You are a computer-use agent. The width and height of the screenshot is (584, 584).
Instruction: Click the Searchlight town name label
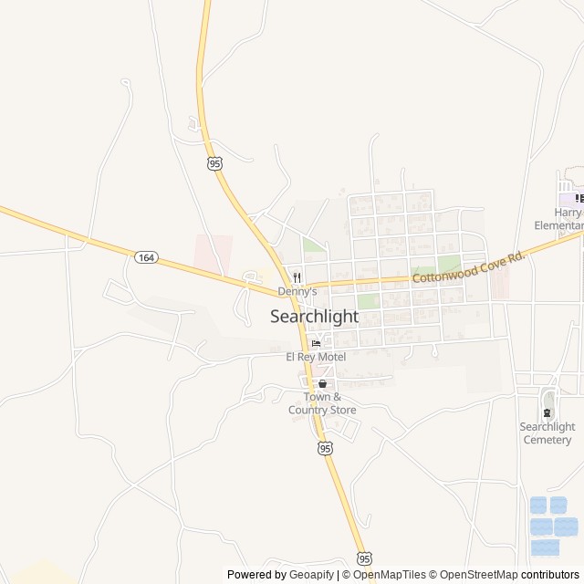coord(314,317)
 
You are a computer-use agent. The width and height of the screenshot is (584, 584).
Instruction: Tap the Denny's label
coord(297,291)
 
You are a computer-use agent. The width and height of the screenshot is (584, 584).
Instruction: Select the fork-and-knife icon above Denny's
coord(297,277)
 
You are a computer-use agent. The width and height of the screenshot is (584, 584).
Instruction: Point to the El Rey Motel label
coord(316,357)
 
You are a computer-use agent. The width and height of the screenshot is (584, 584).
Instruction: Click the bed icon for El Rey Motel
coord(316,344)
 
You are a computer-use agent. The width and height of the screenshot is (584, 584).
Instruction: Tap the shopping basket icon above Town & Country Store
coord(322,384)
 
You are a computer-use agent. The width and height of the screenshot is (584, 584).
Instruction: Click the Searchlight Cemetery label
coord(547,433)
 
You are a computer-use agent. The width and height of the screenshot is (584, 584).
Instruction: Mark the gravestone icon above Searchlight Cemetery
coord(547,412)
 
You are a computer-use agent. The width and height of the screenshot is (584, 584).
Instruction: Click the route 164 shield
coord(146,257)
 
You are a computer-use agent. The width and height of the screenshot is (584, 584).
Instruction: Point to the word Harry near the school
coord(568,212)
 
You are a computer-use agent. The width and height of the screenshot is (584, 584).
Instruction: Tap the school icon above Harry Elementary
coord(579,197)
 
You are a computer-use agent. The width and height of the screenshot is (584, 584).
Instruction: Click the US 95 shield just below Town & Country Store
coord(326,447)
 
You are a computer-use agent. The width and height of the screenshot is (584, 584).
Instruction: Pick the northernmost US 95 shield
coord(214,162)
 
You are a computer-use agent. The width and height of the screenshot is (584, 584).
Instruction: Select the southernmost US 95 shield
coord(365,558)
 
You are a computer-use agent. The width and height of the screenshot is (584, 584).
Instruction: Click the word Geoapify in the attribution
coord(312,575)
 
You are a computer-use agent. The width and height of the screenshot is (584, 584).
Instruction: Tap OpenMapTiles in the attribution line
coord(390,575)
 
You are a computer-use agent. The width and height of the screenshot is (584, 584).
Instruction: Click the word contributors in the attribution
coord(550,575)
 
